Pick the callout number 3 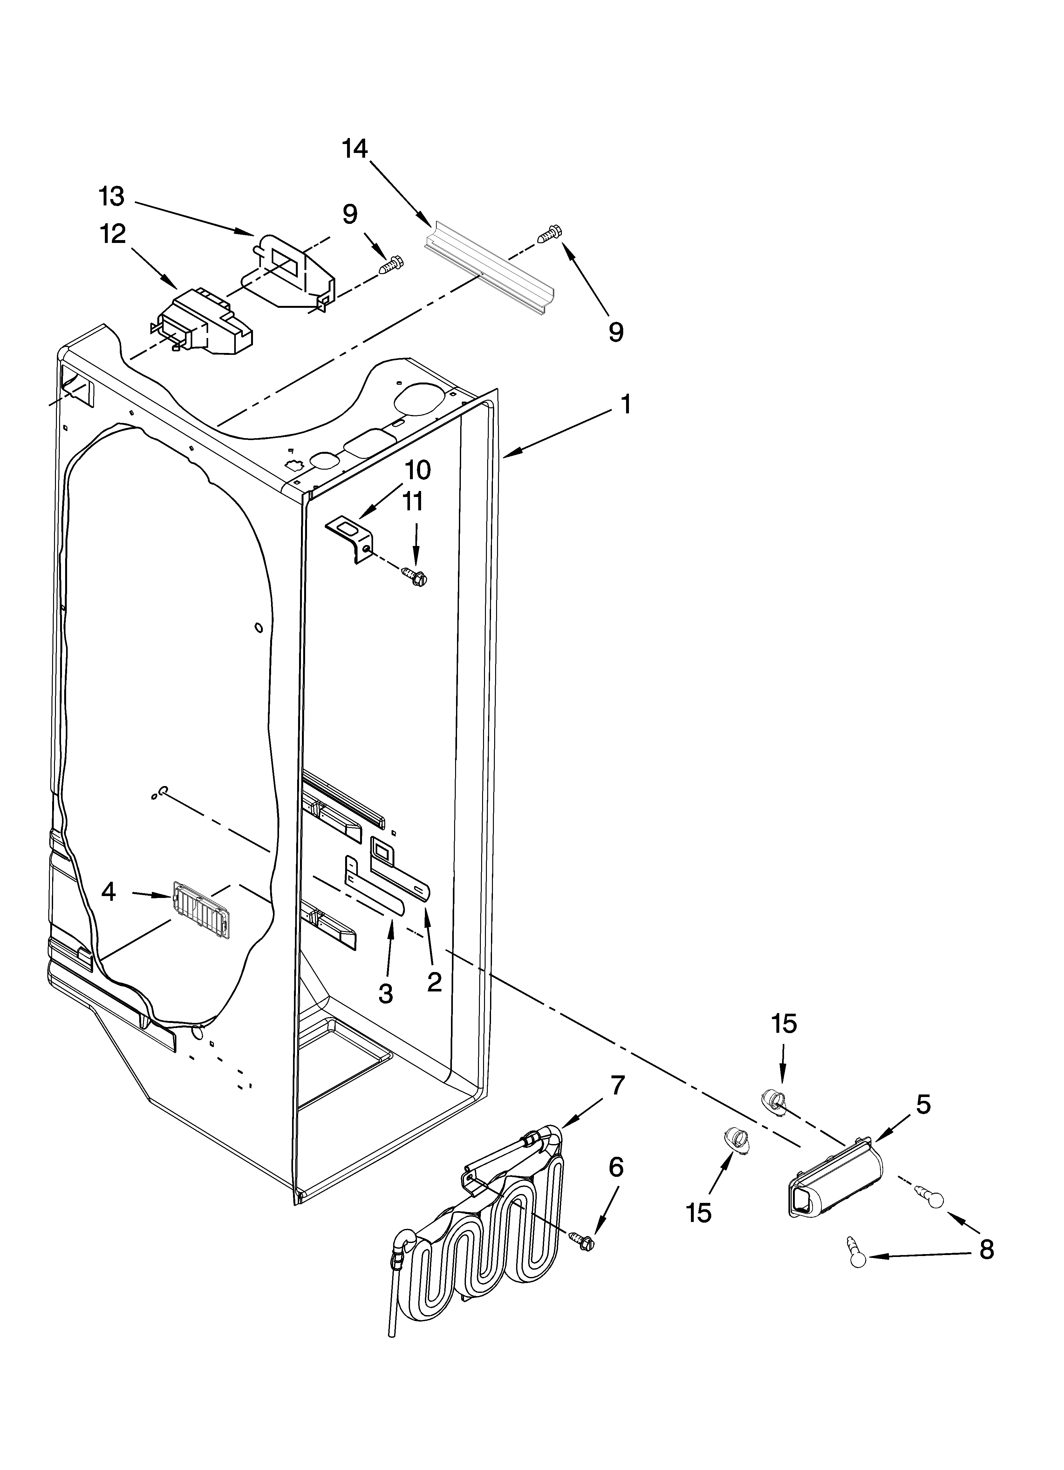(x=385, y=993)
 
